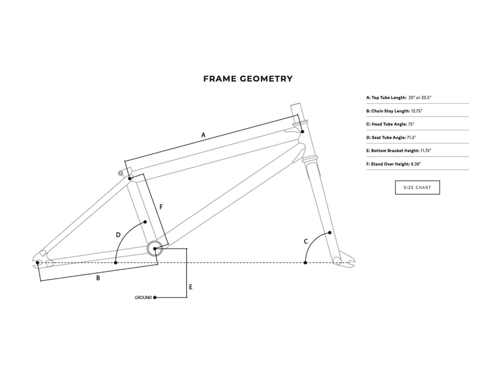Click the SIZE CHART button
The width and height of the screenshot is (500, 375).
click(417, 187)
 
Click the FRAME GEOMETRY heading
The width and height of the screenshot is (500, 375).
click(248, 79)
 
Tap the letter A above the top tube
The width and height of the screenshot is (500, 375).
click(203, 135)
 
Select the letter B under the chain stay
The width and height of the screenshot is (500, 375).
click(98, 278)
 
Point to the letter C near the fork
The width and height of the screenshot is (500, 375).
click(306, 241)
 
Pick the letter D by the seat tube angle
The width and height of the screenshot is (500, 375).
click(118, 235)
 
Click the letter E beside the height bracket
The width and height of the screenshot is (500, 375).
click(191, 287)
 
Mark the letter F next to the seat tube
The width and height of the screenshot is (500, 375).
click(161, 207)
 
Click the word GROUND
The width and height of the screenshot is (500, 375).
click(143, 297)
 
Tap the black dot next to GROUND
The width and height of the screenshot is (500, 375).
click(155, 297)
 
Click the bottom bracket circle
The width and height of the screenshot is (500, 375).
click(155, 249)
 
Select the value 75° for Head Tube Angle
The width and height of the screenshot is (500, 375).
click(411, 124)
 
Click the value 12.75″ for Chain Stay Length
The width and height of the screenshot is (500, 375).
click(417, 111)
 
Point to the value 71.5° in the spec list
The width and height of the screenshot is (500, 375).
click(411, 137)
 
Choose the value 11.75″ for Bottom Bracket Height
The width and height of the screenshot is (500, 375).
click(426, 151)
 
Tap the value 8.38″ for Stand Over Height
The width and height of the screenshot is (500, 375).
click(416, 164)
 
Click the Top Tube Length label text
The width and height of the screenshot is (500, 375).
click(386, 97)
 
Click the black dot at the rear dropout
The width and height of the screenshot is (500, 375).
click(37, 262)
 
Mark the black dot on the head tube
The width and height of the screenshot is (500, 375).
click(302, 132)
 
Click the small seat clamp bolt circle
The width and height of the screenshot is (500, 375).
click(120, 173)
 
